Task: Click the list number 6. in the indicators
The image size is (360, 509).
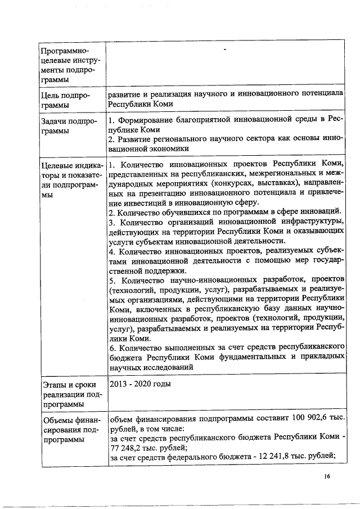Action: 112,347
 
